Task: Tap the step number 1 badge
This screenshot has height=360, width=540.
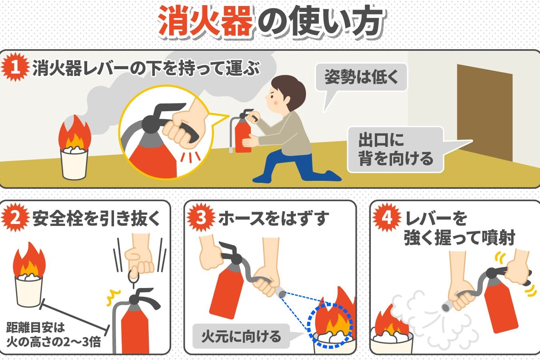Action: (15, 67)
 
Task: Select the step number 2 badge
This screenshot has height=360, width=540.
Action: (15, 218)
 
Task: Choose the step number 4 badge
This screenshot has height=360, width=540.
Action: (387, 218)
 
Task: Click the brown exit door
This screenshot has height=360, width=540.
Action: (484, 112)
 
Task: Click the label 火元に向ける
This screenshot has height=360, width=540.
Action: (241, 336)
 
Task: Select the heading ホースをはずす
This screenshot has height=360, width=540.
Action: (274, 218)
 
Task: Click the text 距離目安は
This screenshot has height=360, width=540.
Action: (36, 328)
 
